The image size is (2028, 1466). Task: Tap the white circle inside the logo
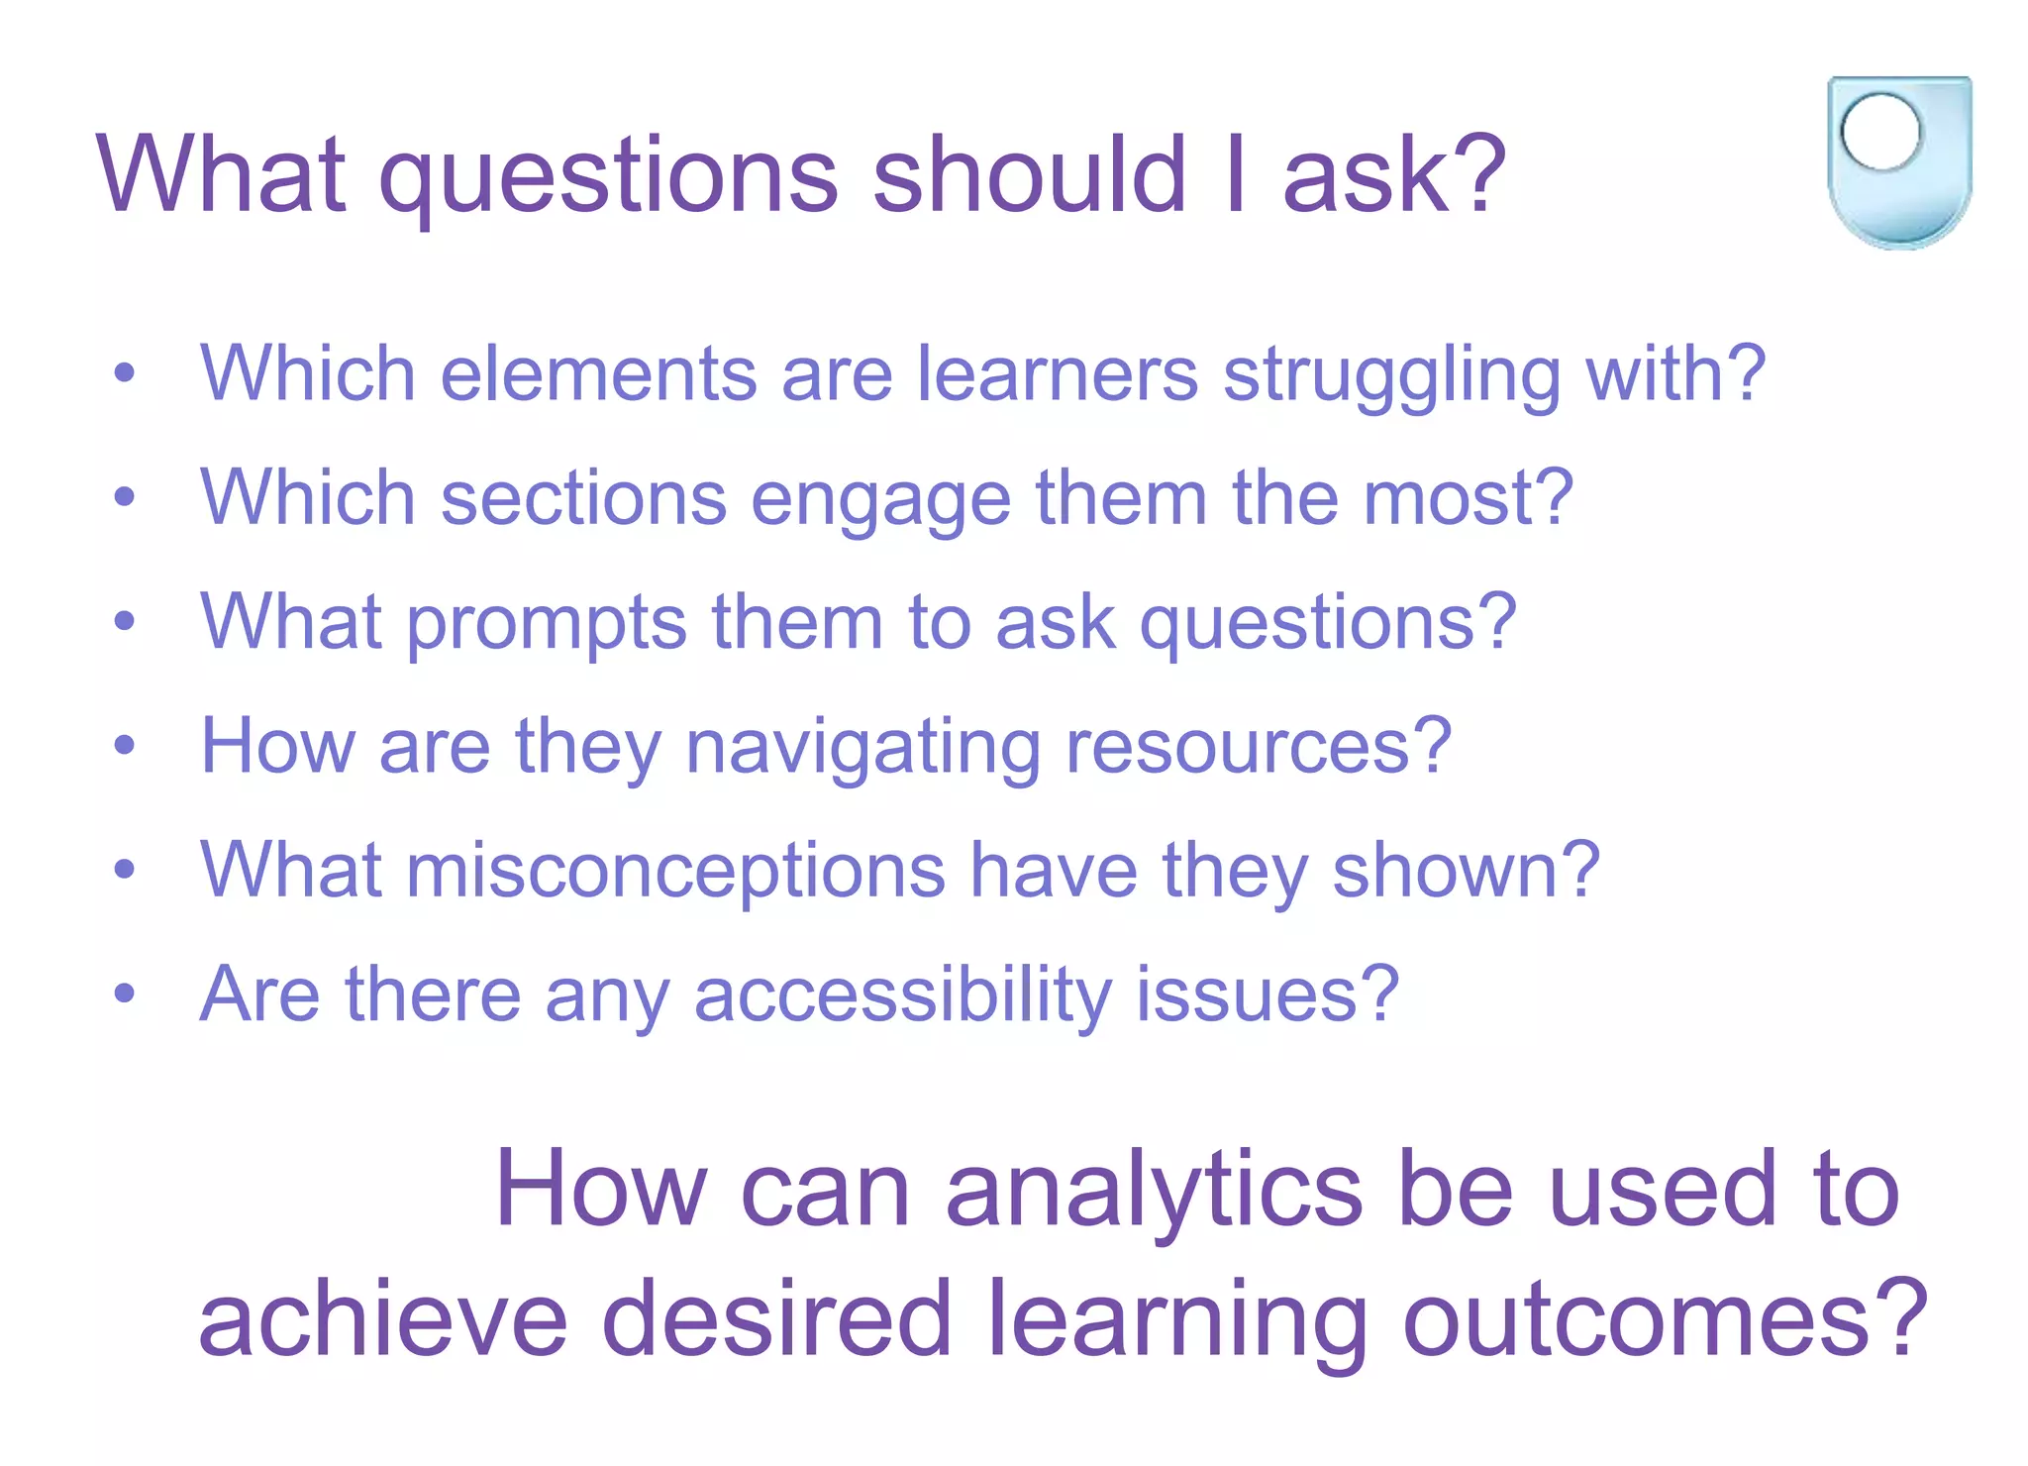1880,132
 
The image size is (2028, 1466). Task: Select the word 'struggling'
1391,376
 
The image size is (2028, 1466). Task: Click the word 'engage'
880,500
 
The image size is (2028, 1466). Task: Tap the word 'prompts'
547,624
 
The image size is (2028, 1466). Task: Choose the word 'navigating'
862,749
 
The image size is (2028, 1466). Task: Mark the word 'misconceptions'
675,872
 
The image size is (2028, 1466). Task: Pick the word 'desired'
776,1319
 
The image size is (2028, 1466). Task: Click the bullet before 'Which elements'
124,374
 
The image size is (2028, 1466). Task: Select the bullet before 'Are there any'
124,994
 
